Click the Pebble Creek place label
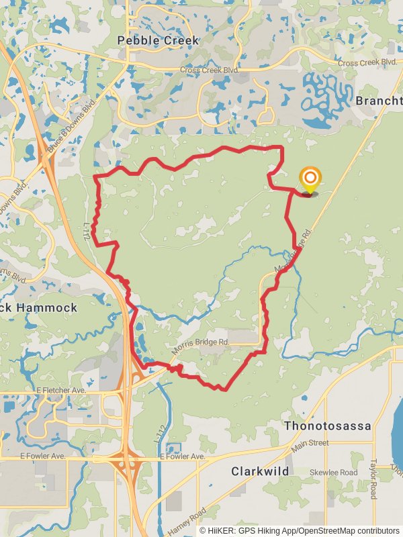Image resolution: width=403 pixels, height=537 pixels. pyautogui.click(x=158, y=41)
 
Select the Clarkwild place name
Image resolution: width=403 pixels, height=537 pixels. pyautogui.click(x=261, y=471)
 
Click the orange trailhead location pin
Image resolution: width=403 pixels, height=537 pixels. pyautogui.click(x=310, y=179)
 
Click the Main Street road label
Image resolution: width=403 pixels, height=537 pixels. pyautogui.click(x=310, y=444)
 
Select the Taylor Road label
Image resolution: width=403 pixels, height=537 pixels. pyautogui.click(x=374, y=479)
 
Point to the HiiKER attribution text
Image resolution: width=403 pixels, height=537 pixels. pyautogui.click(x=300, y=530)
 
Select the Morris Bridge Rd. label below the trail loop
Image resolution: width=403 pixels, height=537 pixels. pyautogui.click(x=200, y=346)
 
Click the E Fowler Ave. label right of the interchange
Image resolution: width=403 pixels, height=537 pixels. pyautogui.click(x=182, y=456)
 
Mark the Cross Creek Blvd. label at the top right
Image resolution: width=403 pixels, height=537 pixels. pyautogui.click(x=367, y=62)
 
